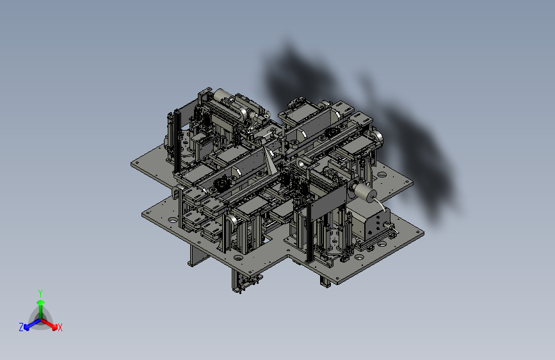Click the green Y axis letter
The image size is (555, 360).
click(x=40, y=293)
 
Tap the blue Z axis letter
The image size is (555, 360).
click(x=21, y=327)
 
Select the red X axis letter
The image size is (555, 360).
click(x=60, y=327)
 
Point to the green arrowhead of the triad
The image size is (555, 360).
click(x=41, y=302)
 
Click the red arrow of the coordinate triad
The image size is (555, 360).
click(x=49, y=324)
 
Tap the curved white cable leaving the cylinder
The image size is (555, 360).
click(x=380, y=204)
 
